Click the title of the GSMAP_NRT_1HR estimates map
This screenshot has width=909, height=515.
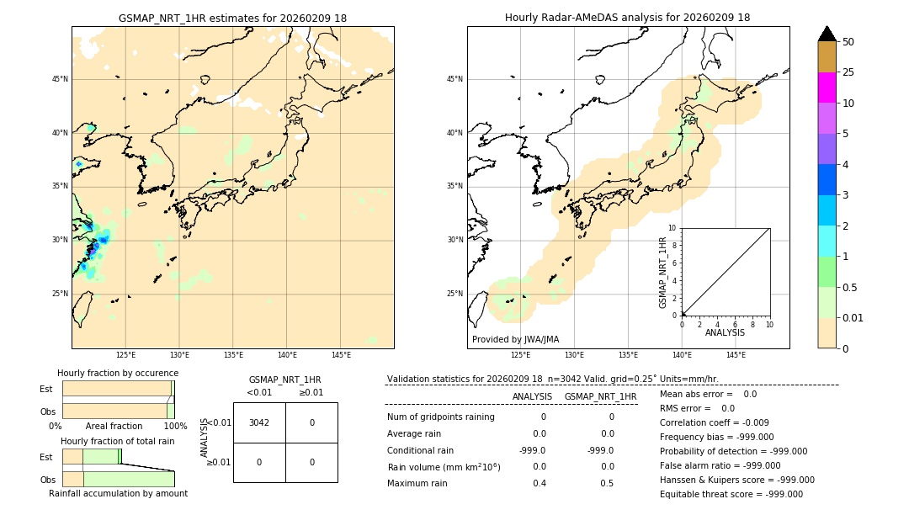(232, 18)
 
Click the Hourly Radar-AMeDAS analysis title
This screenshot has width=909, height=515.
(627, 18)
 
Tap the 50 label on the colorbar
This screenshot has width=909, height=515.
(848, 42)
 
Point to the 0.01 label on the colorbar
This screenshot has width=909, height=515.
(853, 317)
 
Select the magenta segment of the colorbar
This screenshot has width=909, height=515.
(827, 88)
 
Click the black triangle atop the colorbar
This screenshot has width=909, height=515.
(827, 34)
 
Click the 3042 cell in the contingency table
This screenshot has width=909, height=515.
(259, 422)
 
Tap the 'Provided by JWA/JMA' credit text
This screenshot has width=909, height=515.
(515, 339)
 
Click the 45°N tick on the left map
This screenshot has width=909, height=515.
(60, 79)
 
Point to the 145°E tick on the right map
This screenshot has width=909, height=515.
(736, 355)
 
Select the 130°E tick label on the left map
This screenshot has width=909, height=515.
(179, 355)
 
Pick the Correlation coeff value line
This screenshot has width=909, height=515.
(715, 422)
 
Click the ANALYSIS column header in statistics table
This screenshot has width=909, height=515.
(532, 396)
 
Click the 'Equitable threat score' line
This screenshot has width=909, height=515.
(731, 494)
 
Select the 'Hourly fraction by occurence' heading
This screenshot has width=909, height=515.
(118, 373)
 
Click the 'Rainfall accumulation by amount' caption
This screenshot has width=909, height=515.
(118, 493)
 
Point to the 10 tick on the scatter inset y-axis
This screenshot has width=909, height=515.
(672, 228)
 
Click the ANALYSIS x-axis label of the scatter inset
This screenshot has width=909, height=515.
(725, 332)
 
